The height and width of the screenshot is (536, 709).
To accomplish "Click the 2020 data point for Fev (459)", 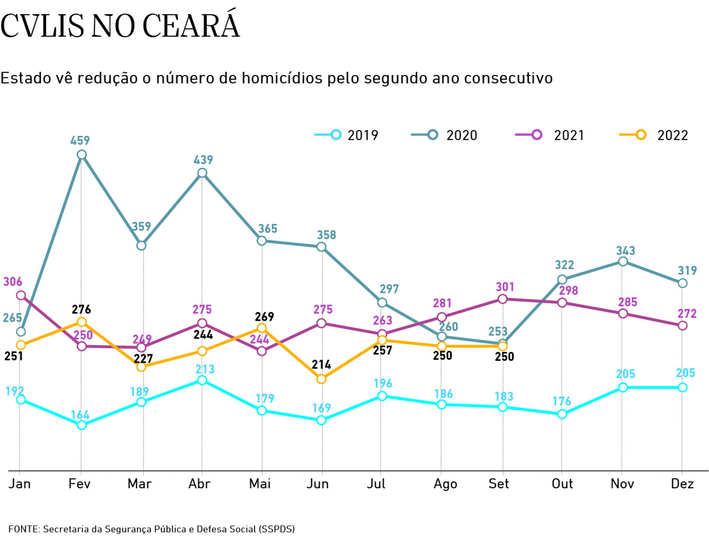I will tap(82, 155).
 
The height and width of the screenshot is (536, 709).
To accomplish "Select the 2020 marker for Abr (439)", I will tap(202, 173).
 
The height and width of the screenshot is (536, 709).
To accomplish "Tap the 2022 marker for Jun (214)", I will tap(321, 379).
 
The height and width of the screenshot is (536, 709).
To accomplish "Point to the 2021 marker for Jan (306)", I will tap(21, 295).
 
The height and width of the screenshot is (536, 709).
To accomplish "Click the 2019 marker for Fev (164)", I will tap(82, 425).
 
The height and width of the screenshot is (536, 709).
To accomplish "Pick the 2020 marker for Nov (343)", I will tap(623, 261).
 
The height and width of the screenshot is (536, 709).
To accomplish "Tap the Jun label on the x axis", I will tap(318, 484).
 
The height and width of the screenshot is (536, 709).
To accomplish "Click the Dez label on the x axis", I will tap(682, 484).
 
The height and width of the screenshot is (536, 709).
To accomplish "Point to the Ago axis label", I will tap(445, 484).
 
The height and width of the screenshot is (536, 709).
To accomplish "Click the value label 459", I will tap(80, 140).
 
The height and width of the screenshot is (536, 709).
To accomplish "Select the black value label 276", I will tap(81, 309).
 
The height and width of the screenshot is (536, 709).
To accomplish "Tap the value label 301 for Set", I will tap(505, 287).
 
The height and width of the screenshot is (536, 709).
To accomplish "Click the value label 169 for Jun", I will tap(321, 408).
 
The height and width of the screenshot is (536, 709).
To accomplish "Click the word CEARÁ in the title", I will tap(191, 26).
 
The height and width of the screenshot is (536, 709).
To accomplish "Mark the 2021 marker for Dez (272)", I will tap(682, 325).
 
